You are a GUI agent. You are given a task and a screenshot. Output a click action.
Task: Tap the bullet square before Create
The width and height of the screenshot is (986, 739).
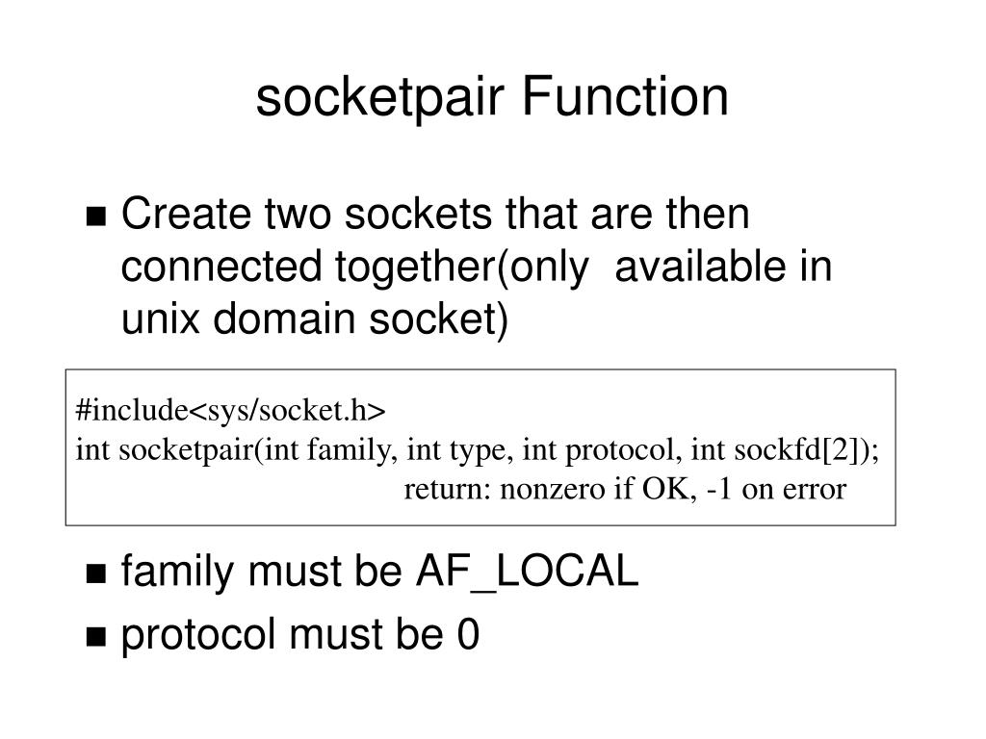[x=96, y=217]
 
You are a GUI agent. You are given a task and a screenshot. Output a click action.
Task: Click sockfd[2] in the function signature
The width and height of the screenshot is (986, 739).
[x=803, y=450]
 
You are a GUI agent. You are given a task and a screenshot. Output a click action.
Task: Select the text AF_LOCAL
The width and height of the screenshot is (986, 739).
[x=527, y=573]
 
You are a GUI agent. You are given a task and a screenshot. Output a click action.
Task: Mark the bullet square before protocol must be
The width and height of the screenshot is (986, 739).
[x=96, y=637]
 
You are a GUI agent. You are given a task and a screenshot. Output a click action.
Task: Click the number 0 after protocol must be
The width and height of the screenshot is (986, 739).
[x=467, y=635]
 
